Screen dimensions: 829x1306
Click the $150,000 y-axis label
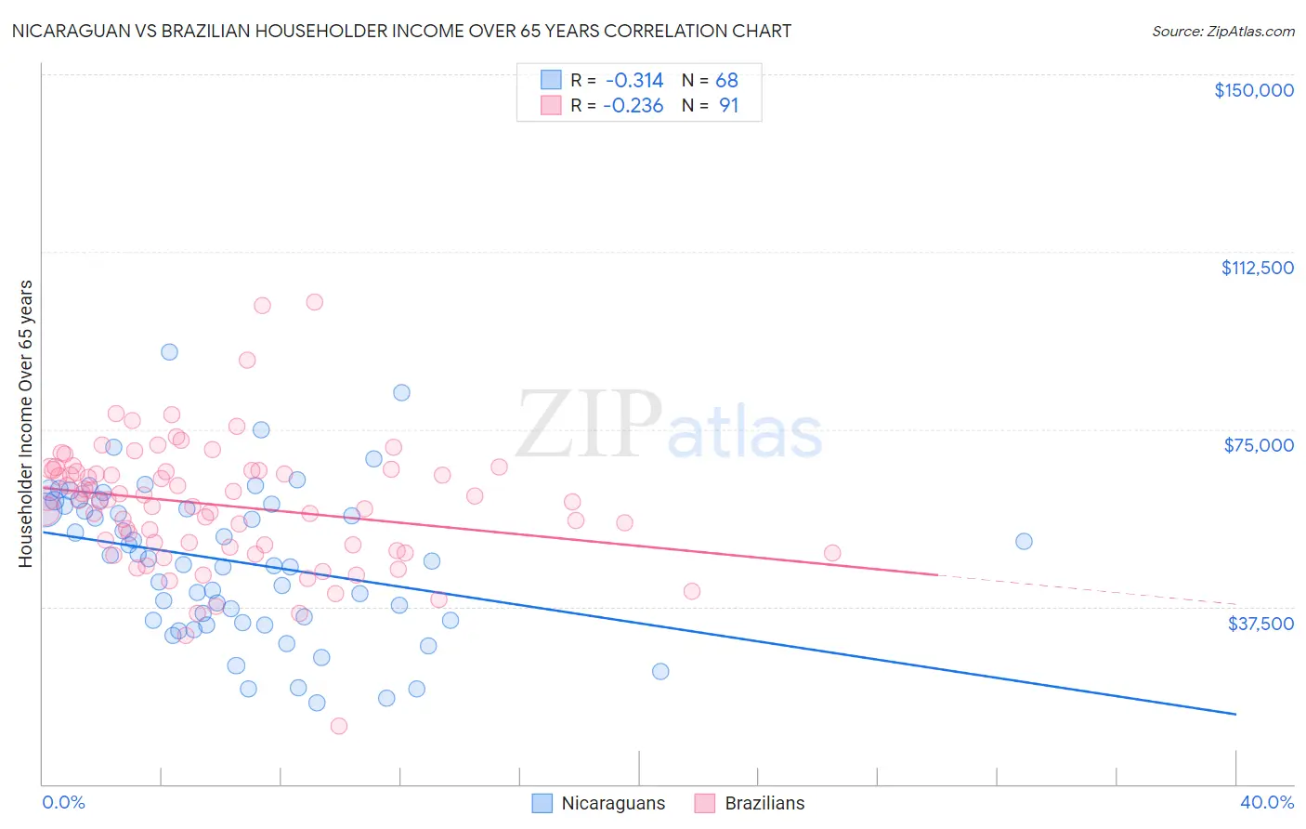click(x=1253, y=90)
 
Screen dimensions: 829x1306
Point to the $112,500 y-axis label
click(x=1257, y=268)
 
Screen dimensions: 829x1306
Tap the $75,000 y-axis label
click(x=1259, y=445)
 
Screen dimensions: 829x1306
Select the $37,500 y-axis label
click(x=1260, y=624)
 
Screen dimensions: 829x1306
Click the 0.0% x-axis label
click(x=63, y=802)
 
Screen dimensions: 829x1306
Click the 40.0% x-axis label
click(x=1267, y=802)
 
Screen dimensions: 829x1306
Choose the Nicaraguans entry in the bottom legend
click(x=599, y=803)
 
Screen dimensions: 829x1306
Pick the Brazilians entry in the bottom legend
click(x=751, y=803)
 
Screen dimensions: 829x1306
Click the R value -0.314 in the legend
click(x=633, y=80)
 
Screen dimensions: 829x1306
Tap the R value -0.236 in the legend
click(x=633, y=106)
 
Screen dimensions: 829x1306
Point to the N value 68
click(x=726, y=80)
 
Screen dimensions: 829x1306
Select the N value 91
click(x=728, y=106)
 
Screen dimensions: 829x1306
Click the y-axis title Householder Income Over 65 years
click(x=25, y=424)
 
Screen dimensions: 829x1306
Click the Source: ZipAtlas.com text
click(x=1222, y=31)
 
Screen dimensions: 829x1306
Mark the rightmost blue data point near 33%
click(x=1024, y=541)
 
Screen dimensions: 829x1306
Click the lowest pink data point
click(x=339, y=726)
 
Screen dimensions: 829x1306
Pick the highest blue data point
click(x=169, y=351)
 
